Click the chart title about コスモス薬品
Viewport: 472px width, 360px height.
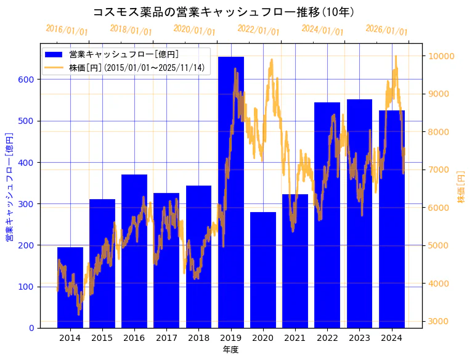(223, 12)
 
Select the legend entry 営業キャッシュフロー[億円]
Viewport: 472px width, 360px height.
(124, 55)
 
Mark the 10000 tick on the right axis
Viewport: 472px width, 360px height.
(442, 56)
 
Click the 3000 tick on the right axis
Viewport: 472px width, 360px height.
(439, 321)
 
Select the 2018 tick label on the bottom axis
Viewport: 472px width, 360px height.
(198, 338)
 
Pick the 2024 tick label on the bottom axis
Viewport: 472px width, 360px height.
(391, 338)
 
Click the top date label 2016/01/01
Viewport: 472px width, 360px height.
(67, 30)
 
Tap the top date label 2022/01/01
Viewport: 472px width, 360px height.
(258, 30)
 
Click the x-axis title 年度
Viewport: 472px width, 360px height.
(230, 350)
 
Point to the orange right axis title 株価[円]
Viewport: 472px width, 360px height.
(461, 187)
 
